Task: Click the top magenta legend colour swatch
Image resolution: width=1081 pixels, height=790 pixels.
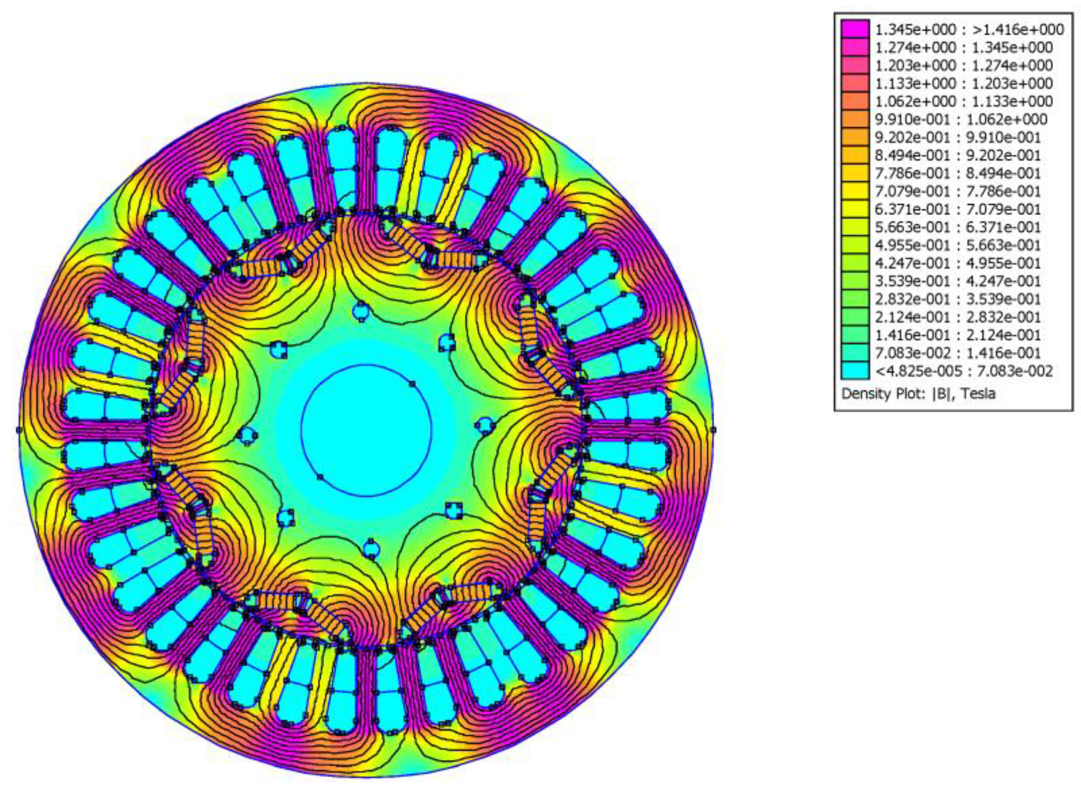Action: click(x=855, y=29)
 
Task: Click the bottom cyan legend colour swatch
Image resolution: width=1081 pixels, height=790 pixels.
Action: click(x=855, y=370)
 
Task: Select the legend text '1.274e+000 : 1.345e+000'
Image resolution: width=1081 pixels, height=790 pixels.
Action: click(x=963, y=48)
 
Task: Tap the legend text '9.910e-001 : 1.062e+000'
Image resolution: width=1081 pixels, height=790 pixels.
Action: click(x=961, y=120)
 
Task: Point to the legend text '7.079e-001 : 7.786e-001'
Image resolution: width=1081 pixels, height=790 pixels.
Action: click(x=958, y=191)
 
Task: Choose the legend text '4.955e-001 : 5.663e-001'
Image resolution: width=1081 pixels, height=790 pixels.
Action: click(x=958, y=245)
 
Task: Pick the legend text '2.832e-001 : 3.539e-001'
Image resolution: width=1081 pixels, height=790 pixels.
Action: click(x=958, y=299)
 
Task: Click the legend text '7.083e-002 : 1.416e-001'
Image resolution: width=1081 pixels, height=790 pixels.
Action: click(x=958, y=353)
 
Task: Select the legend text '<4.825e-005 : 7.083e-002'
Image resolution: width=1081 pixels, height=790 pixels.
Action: click(x=963, y=371)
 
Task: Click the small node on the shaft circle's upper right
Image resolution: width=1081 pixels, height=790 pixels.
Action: click(x=412, y=384)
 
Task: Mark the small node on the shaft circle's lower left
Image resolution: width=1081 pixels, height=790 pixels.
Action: click(x=320, y=477)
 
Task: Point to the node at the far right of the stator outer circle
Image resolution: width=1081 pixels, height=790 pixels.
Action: click(x=713, y=430)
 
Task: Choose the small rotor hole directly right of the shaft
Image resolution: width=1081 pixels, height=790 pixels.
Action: click(x=485, y=424)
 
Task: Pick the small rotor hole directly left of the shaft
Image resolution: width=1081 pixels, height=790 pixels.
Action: click(x=247, y=436)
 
